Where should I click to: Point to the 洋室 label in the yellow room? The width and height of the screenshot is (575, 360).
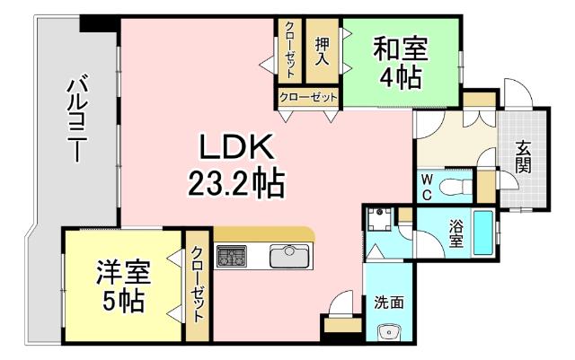[x=123, y=272]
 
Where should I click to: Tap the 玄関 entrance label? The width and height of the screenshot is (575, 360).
[x=523, y=157]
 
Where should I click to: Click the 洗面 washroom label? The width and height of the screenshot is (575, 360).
[x=389, y=302]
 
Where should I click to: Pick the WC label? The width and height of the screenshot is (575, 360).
[x=427, y=187]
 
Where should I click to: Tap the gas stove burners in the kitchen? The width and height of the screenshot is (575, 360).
[x=230, y=257]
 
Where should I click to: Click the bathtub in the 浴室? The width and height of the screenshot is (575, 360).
[x=483, y=233]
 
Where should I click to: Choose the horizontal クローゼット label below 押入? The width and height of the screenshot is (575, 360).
[x=308, y=97]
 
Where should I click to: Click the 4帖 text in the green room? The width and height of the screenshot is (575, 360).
[x=400, y=78]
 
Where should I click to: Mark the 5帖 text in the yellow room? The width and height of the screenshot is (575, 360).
[x=123, y=300]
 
